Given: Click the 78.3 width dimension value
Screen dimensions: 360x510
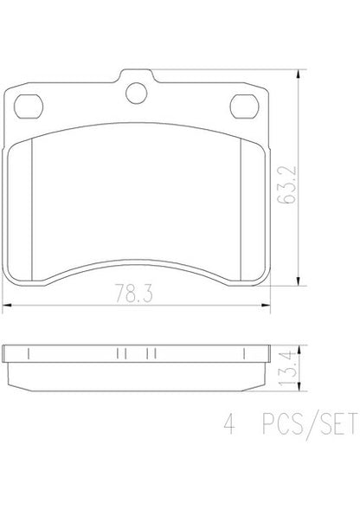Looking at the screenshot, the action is (134, 293).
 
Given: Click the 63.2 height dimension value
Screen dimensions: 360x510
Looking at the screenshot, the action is (287, 184).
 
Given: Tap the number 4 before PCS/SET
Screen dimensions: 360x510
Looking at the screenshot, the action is (229, 423).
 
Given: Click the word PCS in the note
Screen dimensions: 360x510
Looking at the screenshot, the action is (283, 423).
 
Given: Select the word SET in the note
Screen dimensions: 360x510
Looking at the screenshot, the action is (337, 423).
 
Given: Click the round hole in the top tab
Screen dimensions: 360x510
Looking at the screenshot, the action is (136, 94).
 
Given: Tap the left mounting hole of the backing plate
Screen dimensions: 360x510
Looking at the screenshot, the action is (29, 107).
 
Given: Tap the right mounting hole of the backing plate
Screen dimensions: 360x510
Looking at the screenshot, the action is (245, 107).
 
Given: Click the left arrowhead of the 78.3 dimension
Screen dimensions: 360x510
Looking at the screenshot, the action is (7, 306).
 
